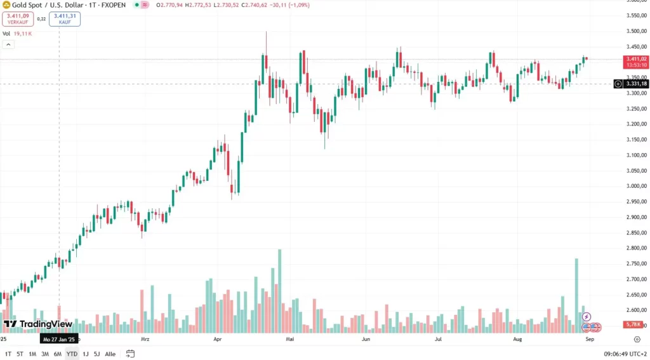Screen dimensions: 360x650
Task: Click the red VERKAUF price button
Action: point(17,18)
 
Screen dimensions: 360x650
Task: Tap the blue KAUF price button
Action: point(65,18)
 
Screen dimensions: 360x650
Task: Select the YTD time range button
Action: point(72,354)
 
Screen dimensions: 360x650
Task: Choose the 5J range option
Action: point(96,354)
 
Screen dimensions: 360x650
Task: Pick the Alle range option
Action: point(110,354)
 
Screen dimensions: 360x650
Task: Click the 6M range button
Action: point(57,354)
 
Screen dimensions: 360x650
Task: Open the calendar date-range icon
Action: point(131,354)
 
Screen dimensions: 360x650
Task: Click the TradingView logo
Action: point(38,324)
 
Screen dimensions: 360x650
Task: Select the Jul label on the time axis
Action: point(438,340)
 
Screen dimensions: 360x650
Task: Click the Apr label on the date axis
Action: point(218,340)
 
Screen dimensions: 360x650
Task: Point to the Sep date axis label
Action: point(589,340)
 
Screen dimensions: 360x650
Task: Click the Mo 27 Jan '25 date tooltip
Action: point(59,340)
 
